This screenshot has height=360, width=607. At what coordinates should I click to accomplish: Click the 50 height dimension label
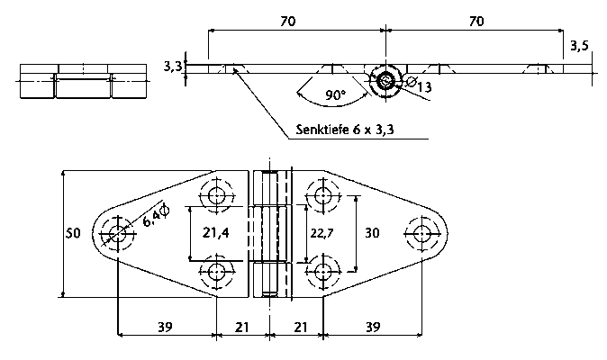[x=73, y=233]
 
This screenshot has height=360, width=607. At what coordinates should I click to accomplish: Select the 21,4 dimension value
[x=216, y=232]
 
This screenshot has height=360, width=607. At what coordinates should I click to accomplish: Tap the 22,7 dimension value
[x=322, y=233]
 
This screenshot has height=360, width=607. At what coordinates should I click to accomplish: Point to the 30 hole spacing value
[x=372, y=233]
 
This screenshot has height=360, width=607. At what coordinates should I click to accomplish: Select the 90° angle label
[x=335, y=94]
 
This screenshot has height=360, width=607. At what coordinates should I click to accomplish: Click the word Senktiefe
[x=322, y=130]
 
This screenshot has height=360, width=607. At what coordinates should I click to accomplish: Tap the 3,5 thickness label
[x=579, y=46]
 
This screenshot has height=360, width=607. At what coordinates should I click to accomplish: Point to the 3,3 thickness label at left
[x=173, y=66]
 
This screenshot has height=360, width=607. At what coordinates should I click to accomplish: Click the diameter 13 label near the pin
[x=420, y=85]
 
